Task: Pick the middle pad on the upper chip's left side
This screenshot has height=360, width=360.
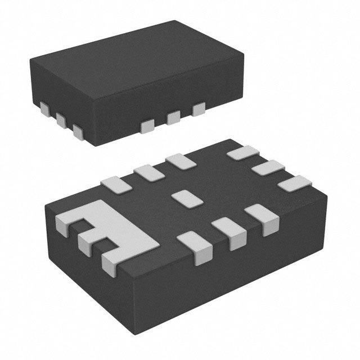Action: point(61,119)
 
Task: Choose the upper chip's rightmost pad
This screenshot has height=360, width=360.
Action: point(199,109)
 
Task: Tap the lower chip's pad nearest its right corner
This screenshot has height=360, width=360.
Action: point(296,183)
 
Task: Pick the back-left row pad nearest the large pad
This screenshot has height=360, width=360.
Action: point(115,184)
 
